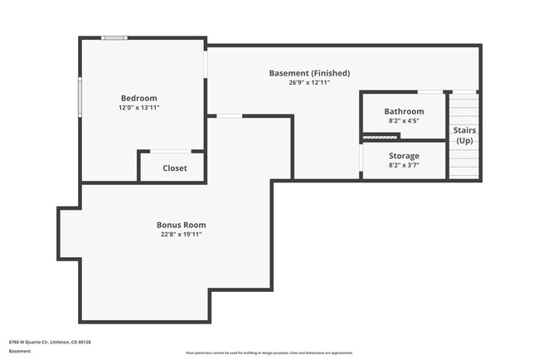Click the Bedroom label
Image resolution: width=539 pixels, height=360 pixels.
coord(138,98)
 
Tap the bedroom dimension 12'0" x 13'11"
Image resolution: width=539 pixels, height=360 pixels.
coord(138,108)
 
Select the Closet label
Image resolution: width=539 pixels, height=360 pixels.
coord(174,168)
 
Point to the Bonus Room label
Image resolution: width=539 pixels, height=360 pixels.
coord(181,225)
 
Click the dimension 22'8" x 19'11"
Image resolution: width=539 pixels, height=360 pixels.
coord(181,235)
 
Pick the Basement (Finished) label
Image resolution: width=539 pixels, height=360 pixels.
coord(309,73)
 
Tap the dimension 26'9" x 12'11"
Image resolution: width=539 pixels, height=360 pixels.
coord(309,83)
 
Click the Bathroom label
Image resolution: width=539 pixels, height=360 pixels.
coord(404,111)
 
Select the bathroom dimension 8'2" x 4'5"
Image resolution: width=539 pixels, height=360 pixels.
coord(404,121)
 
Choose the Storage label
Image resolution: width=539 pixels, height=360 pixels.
coord(404,155)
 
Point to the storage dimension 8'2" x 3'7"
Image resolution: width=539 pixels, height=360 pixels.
coord(404,165)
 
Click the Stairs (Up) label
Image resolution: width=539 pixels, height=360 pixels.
coord(464,135)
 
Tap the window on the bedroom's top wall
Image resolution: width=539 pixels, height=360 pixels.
coord(114,37)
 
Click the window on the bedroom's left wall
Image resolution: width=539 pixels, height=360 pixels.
coord(80,97)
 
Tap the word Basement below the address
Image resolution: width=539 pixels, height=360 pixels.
coord(20,351)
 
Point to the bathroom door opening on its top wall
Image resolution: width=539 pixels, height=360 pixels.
coord(429,91)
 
